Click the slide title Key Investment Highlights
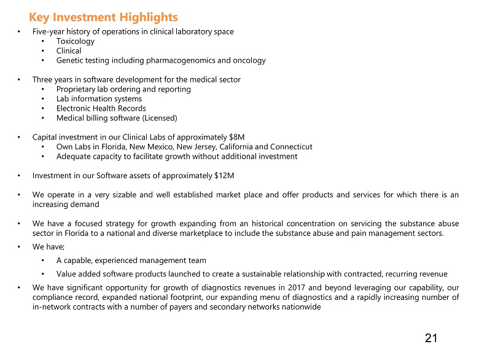coord(103,17)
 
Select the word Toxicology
coord(76,41)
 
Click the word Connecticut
coord(292,147)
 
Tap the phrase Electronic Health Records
coord(101,108)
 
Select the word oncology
coord(249,60)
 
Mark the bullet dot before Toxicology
coord(42,42)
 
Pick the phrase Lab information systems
coord(99,99)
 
